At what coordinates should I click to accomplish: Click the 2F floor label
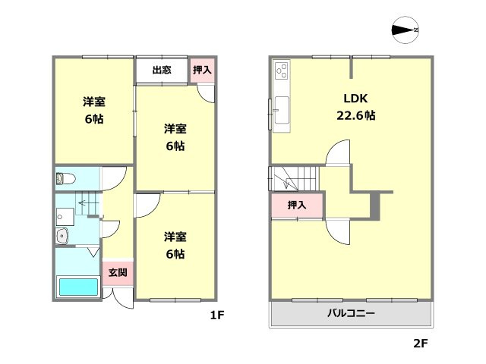click(420, 344)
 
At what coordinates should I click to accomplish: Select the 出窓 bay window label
click(161, 71)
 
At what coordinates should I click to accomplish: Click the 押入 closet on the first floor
click(202, 71)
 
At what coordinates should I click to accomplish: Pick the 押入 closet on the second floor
click(297, 206)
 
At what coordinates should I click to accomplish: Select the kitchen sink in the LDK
click(280, 111)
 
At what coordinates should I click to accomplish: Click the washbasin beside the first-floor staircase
click(62, 237)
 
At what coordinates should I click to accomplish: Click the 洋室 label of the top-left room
click(93, 101)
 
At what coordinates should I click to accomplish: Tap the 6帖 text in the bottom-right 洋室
click(175, 254)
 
